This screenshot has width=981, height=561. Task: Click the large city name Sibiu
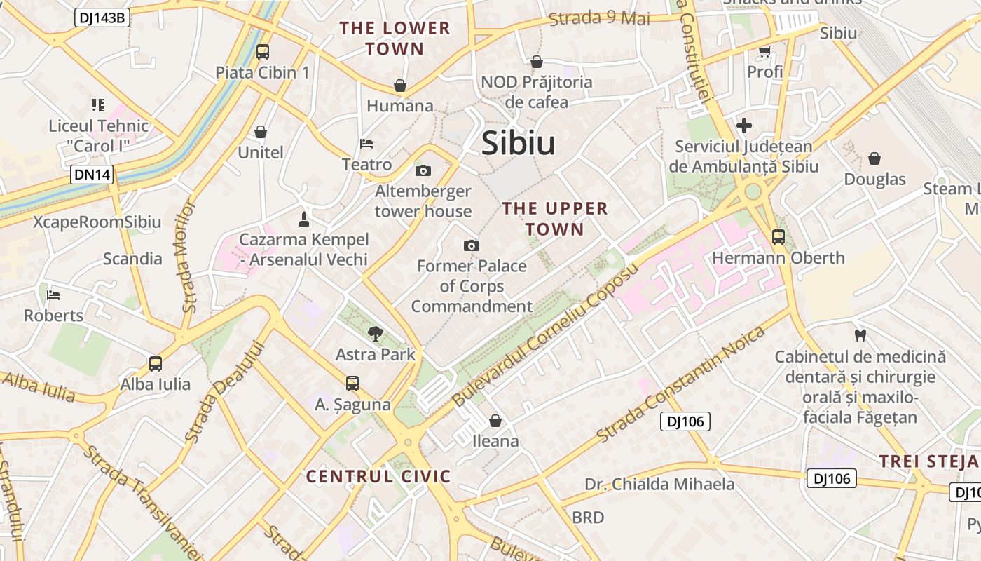[518, 144]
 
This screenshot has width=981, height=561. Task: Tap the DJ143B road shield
[102, 18]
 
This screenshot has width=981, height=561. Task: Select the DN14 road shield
[92, 175]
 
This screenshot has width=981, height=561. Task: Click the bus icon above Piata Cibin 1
[263, 51]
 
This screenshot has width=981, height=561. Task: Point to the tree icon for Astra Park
[376, 333]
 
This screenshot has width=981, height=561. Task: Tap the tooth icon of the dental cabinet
[860, 336]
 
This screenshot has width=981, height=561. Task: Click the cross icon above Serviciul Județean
[743, 126]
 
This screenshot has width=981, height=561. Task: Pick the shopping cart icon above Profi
[764, 51]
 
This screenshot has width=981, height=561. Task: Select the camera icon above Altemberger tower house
[423, 170]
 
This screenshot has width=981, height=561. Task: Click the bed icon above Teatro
[366, 144]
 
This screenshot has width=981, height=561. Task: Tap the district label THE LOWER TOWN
[395, 39]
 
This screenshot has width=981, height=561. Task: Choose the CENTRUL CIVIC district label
[378, 477]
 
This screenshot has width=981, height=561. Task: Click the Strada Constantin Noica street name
[680, 385]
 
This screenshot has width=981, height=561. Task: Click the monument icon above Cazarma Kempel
[303, 219]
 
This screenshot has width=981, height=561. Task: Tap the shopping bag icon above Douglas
[874, 158]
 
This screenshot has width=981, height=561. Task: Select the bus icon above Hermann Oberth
[778, 237]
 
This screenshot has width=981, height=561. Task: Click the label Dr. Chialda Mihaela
[659, 484]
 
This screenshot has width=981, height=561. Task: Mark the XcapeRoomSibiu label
[97, 222]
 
